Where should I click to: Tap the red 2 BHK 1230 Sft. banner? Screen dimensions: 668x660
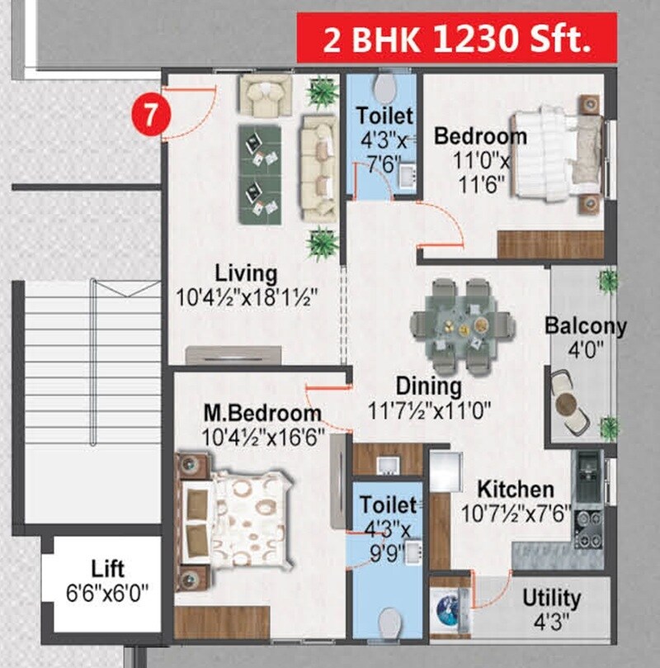[x=457, y=39]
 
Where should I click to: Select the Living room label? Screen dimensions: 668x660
[x=247, y=272]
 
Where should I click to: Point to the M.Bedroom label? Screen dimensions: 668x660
[x=262, y=412]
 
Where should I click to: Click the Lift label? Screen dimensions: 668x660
[x=108, y=569]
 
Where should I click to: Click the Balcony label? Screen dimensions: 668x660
[x=585, y=325]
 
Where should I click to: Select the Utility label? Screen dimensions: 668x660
[x=551, y=597]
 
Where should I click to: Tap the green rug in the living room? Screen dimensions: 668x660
[x=260, y=173]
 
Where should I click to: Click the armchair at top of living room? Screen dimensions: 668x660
[x=265, y=94]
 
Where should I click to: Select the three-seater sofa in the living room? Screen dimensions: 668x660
[x=318, y=168]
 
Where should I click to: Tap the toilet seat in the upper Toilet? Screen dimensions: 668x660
[x=384, y=88]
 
